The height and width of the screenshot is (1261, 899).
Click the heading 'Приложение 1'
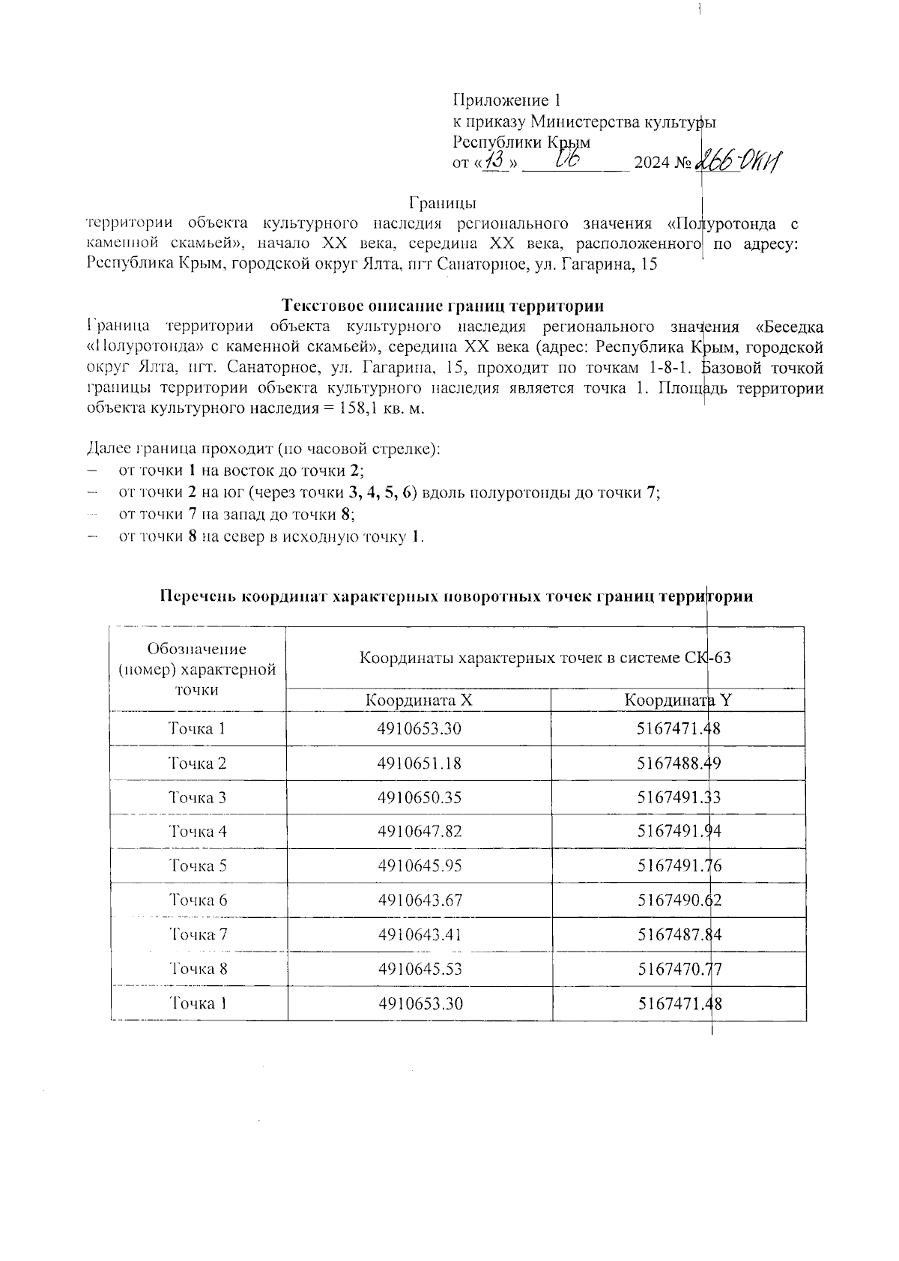pyautogui.click(x=507, y=100)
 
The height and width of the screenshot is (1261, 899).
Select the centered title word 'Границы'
pyautogui.click(x=444, y=203)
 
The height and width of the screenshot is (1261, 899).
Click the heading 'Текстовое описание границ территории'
pyautogui.click(x=444, y=306)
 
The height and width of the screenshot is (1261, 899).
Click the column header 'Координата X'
pyautogui.click(x=419, y=701)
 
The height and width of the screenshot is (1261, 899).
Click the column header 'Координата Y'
pyautogui.click(x=678, y=701)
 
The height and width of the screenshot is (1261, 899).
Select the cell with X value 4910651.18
pyautogui.click(x=420, y=763)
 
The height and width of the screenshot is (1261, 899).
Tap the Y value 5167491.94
pyautogui.click(x=679, y=832)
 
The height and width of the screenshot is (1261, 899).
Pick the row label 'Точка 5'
pyautogui.click(x=198, y=866)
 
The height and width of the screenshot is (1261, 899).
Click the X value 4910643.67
pyautogui.click(x=420, y=901)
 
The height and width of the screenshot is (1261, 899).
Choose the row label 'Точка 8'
pyautogui.click(x=198, y=969)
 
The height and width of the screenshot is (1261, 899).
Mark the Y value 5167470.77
pyautogui.click(x=679, y=969)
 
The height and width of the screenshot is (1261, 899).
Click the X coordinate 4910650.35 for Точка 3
pyautogui.click(x=420, y=798)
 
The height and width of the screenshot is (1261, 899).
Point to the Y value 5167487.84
pyautogui.click(x=679, y=934)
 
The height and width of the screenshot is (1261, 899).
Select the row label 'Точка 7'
pyautogui.click(x=198, y=934)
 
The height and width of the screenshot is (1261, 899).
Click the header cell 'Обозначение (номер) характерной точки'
pyautogui.click(x=198, y=669)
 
